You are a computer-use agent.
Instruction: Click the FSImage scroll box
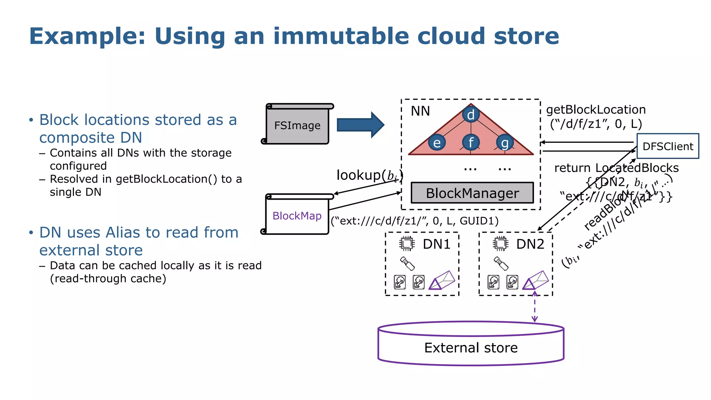pos(297,125)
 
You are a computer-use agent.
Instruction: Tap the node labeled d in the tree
pos(471,115)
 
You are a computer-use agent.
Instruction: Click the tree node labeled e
pos(437,143)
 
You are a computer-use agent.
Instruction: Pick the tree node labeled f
pos(471,142)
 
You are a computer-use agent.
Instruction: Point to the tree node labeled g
pos(505,143)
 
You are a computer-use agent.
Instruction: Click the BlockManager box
pos(472,193)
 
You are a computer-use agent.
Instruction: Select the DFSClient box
pos(668,146)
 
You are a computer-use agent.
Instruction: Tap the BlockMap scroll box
pos(297,216)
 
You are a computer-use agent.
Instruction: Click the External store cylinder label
pos(471,348)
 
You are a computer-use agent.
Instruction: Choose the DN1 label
pos(436,244)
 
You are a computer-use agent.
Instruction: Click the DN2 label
pos(530,244)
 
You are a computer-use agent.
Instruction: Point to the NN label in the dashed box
pos(420,111)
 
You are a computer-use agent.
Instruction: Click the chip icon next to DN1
pos(407,244)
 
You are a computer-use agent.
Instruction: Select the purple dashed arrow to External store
pos(535,307)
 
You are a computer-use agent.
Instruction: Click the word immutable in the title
pos(341,36)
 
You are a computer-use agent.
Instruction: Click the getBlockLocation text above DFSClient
pos(596,110)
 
